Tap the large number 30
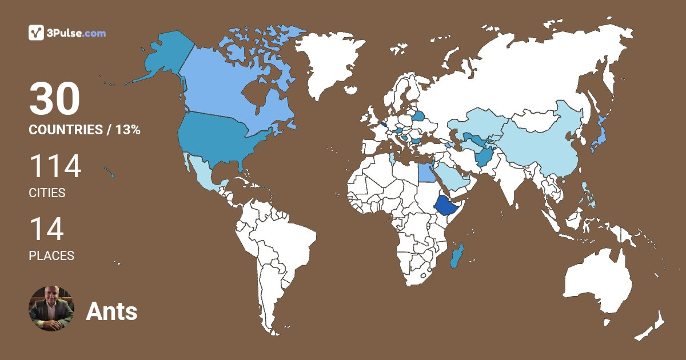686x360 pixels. (54, 100)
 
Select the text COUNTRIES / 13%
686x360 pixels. (85, 130)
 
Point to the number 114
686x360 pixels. (55, 166)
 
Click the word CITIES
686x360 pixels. (47, 193)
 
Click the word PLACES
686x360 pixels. (51, 256)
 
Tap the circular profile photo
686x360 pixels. (51, 309)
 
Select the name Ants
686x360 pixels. (111, 311)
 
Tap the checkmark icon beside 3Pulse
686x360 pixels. (37, 33)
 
